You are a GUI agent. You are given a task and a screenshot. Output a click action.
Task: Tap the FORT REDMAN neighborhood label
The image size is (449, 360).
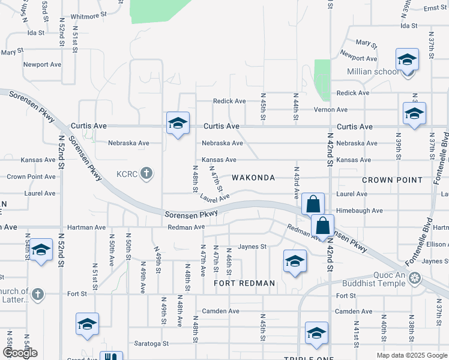[244, 283]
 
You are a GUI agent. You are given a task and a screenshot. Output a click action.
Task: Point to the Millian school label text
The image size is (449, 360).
[372, 72]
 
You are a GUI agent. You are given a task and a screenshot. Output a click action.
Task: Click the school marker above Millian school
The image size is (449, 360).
[407, 60]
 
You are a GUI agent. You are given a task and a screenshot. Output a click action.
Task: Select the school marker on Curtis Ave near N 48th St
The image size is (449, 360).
[178, 124]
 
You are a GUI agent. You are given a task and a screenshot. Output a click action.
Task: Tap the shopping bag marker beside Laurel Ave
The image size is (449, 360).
[313, 205]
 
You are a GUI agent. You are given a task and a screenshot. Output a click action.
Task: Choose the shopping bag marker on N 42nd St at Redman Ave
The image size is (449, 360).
[322, 226]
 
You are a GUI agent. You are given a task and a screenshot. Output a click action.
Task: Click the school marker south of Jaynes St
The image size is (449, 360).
[295, 261]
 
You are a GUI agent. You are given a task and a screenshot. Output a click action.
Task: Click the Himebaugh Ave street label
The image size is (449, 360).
[360, 211]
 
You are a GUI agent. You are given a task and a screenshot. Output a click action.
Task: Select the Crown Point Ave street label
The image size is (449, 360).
[31, 177]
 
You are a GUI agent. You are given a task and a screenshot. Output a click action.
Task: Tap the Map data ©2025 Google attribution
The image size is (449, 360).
[411, 355]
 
